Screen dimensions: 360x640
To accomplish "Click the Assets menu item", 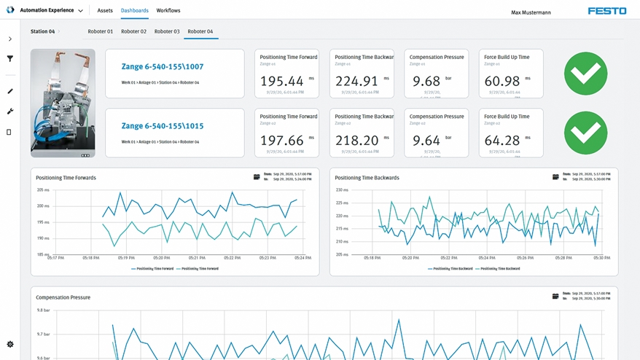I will click(105, 11).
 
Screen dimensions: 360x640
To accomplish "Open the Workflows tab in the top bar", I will click(168, 11).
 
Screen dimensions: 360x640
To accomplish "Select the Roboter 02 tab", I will click(133, 32).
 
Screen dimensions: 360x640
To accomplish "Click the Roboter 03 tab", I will click(167, 32).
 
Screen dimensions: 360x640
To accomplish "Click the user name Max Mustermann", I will click(531, 12).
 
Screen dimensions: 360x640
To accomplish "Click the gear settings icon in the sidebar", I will click(10, 344).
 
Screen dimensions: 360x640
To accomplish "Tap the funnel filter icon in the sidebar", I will click(10, 59).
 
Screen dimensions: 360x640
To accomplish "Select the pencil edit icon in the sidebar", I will click(10, 91).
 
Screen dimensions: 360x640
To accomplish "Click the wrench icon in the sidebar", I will click(10, 111).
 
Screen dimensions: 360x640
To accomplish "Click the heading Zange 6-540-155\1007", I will click(163, 66).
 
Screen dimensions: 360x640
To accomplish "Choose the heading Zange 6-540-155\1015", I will click(163, 126).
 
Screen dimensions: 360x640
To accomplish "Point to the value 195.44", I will click(281, 81).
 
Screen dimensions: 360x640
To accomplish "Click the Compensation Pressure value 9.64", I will click(426, 141).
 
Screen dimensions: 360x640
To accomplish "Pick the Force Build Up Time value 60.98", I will click(502, 81).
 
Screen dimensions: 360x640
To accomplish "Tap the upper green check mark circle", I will click(585, 74).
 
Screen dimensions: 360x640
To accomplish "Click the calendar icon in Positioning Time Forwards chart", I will click(257, 177).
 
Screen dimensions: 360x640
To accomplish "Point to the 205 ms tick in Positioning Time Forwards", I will click(43, 189).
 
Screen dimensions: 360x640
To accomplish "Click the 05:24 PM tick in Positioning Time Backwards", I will click(488, 258).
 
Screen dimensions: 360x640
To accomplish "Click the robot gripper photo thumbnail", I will click(63, 103).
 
